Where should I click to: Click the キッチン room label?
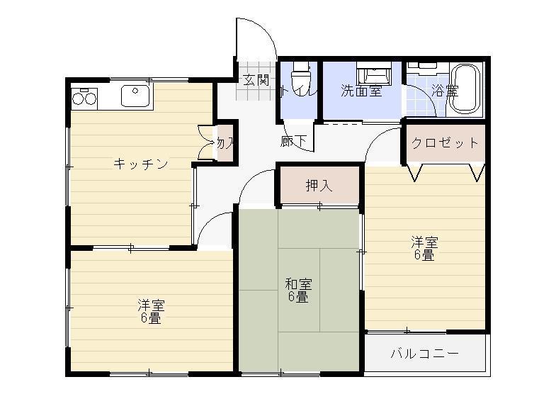click(x=140, y=164)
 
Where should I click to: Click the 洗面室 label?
click(x=361, y=91)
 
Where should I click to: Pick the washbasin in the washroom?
click(x=373, y=74)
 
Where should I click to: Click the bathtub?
click(x=465, y=89)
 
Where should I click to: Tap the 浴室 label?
click(x=444, y=91)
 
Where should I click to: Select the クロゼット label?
click(x=445, y=143)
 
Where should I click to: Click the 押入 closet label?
click(x=319, y=186)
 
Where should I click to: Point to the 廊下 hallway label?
click(x=293, y=141)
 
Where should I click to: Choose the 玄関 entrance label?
click(x=256, y=79)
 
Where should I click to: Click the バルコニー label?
click(x=425, y=354)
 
